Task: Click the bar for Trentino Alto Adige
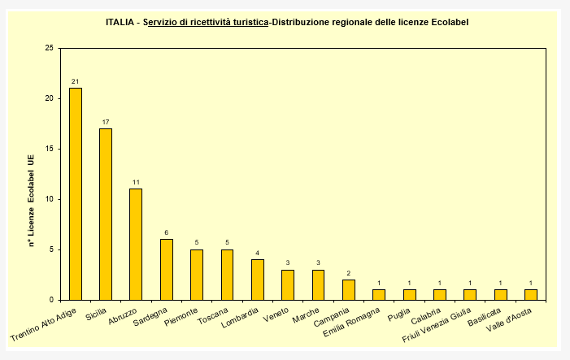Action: [x=76, y=193]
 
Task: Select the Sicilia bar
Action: [x=106, y=214]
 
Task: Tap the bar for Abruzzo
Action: [x=136, y=244]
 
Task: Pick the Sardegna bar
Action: [x=167, y=269]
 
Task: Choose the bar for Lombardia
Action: [x=258, y=279]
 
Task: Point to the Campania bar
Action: [x=349, y=289]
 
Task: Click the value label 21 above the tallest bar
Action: [x=76, y=81]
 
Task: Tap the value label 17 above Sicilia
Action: [x=106, y=122]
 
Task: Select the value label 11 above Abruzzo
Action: [x=136, y=182]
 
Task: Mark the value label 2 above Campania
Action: [x=349, y=273]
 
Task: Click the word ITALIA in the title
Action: [x=121, y=22]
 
